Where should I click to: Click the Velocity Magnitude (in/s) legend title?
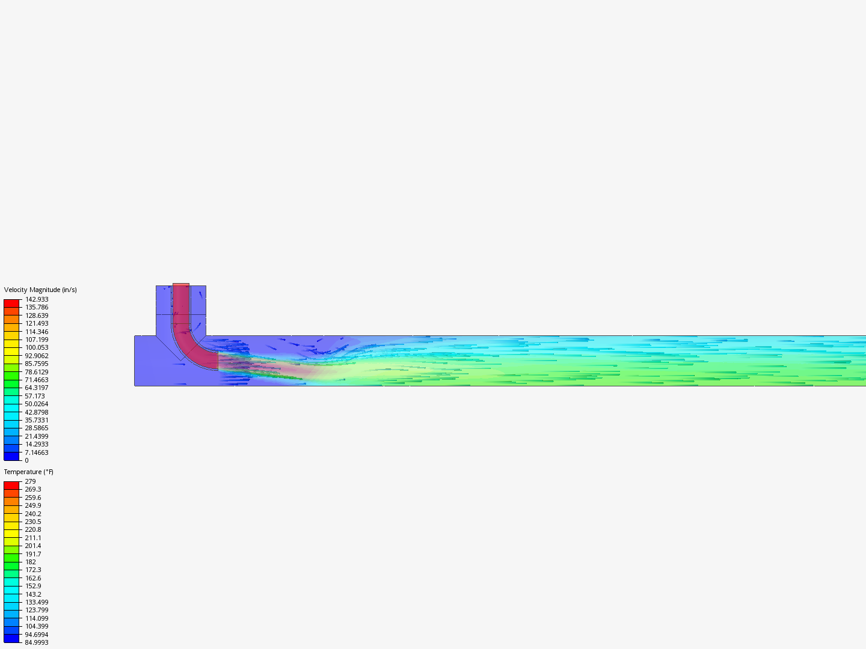click(40, 290)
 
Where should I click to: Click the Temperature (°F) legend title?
click(28, 472)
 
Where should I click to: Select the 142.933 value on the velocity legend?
click(37, 299)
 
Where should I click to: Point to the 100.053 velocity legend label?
click(37, 347)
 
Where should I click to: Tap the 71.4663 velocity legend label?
click(37, 380)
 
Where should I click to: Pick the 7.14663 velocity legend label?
click(37, 452)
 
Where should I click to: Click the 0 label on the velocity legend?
click(27, 460)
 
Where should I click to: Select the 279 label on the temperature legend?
click(31, 481)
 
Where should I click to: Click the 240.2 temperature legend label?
click(33, 514)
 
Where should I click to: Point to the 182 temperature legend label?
click(31, 562)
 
